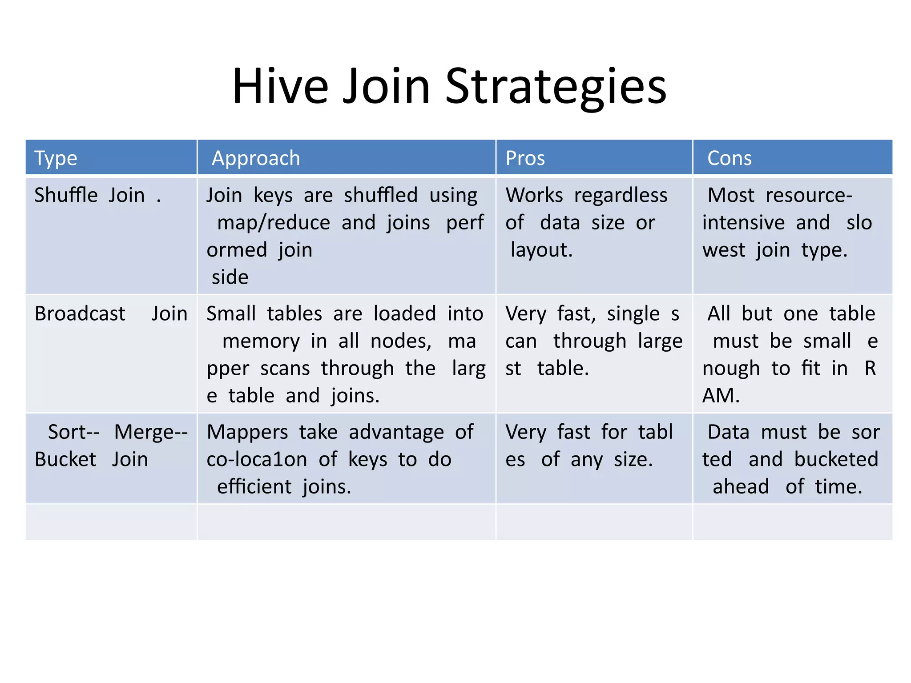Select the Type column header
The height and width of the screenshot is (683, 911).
(56, 158)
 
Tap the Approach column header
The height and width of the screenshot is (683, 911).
(256, 158)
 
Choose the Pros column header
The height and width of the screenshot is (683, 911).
(525, 158)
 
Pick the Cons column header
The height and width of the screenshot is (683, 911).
(729, 158)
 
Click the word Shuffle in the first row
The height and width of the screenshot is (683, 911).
(66, 195)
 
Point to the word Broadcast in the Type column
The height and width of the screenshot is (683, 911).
(80, 314)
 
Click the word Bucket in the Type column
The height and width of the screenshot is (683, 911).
(65, 459)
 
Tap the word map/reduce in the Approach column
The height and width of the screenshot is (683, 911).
(274, 223)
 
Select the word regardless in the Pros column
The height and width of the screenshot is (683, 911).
(621, 195)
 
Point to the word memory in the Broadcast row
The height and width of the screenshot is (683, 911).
(261, 341)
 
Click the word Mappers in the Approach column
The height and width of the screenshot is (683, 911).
(247, 432)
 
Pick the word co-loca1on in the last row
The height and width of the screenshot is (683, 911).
(257, 459)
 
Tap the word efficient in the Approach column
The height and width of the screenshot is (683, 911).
(254, 487)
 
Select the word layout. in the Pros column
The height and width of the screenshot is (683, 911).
(541, 250)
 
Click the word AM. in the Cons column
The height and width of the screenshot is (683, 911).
(721, 396)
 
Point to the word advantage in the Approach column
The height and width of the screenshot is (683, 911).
(396, 432)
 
